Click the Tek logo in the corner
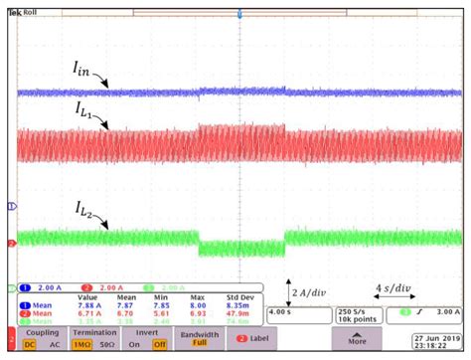pyautogui.click(x=13, y=13)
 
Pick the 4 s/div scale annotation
pyautogui.click(x=395, y=289)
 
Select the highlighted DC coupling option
pyautogui.click(x=30, y=344)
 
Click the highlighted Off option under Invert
pyautogui.click(x=157, y=344)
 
